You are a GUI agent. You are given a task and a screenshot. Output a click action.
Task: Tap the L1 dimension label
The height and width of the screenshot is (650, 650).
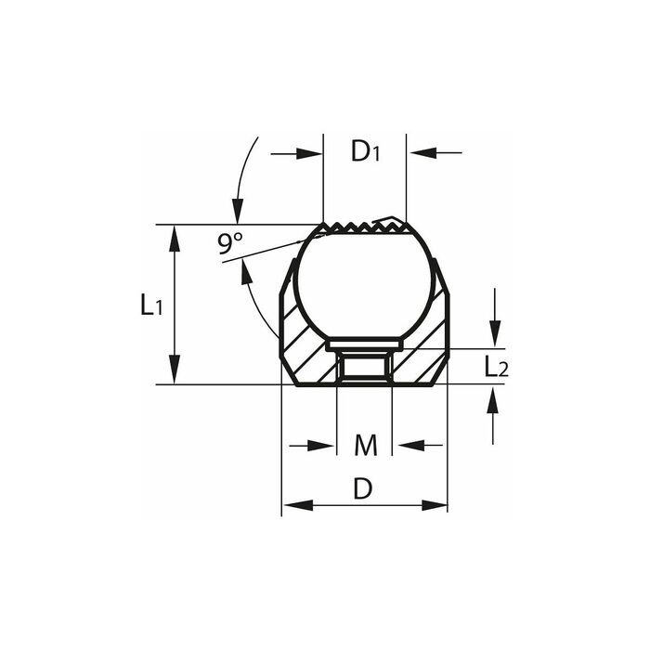tap(151, 305)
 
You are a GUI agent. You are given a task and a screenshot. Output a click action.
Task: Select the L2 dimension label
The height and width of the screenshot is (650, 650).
tap(496, 367)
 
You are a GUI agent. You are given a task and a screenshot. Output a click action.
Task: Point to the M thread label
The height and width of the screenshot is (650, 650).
tap(366, 445)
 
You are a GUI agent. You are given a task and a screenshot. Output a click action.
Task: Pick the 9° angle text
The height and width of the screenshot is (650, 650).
tap(230, 243)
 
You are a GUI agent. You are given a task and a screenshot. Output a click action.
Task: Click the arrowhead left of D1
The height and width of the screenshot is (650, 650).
tap(309, 154)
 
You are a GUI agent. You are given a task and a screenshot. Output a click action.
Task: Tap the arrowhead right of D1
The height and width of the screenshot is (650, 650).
tap(423, 152)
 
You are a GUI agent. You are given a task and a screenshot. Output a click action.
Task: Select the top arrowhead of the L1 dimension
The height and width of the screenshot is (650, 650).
tap(175, 239)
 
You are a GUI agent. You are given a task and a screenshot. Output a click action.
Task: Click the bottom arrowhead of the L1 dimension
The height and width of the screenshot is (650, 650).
tap(175, 370)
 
